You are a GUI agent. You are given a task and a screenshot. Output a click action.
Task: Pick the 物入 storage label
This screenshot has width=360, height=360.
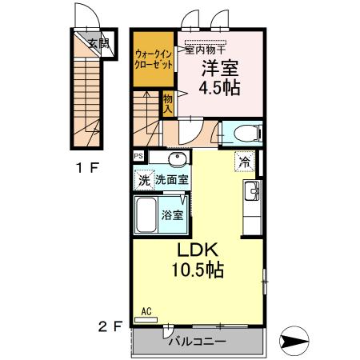pos(168,102)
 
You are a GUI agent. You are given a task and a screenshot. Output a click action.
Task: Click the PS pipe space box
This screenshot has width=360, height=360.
pos(138,157)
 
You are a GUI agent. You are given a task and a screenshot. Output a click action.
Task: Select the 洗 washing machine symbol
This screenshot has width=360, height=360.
pos(144,180)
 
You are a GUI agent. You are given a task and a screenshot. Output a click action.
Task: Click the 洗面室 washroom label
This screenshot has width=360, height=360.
pos(171,180)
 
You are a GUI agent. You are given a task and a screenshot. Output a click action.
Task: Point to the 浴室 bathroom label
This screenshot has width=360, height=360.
pos(173,214)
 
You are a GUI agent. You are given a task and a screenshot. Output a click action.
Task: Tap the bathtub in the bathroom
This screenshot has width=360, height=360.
pos(146,214)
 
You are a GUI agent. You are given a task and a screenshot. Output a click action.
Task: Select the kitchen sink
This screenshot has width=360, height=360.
pos(251,191)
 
